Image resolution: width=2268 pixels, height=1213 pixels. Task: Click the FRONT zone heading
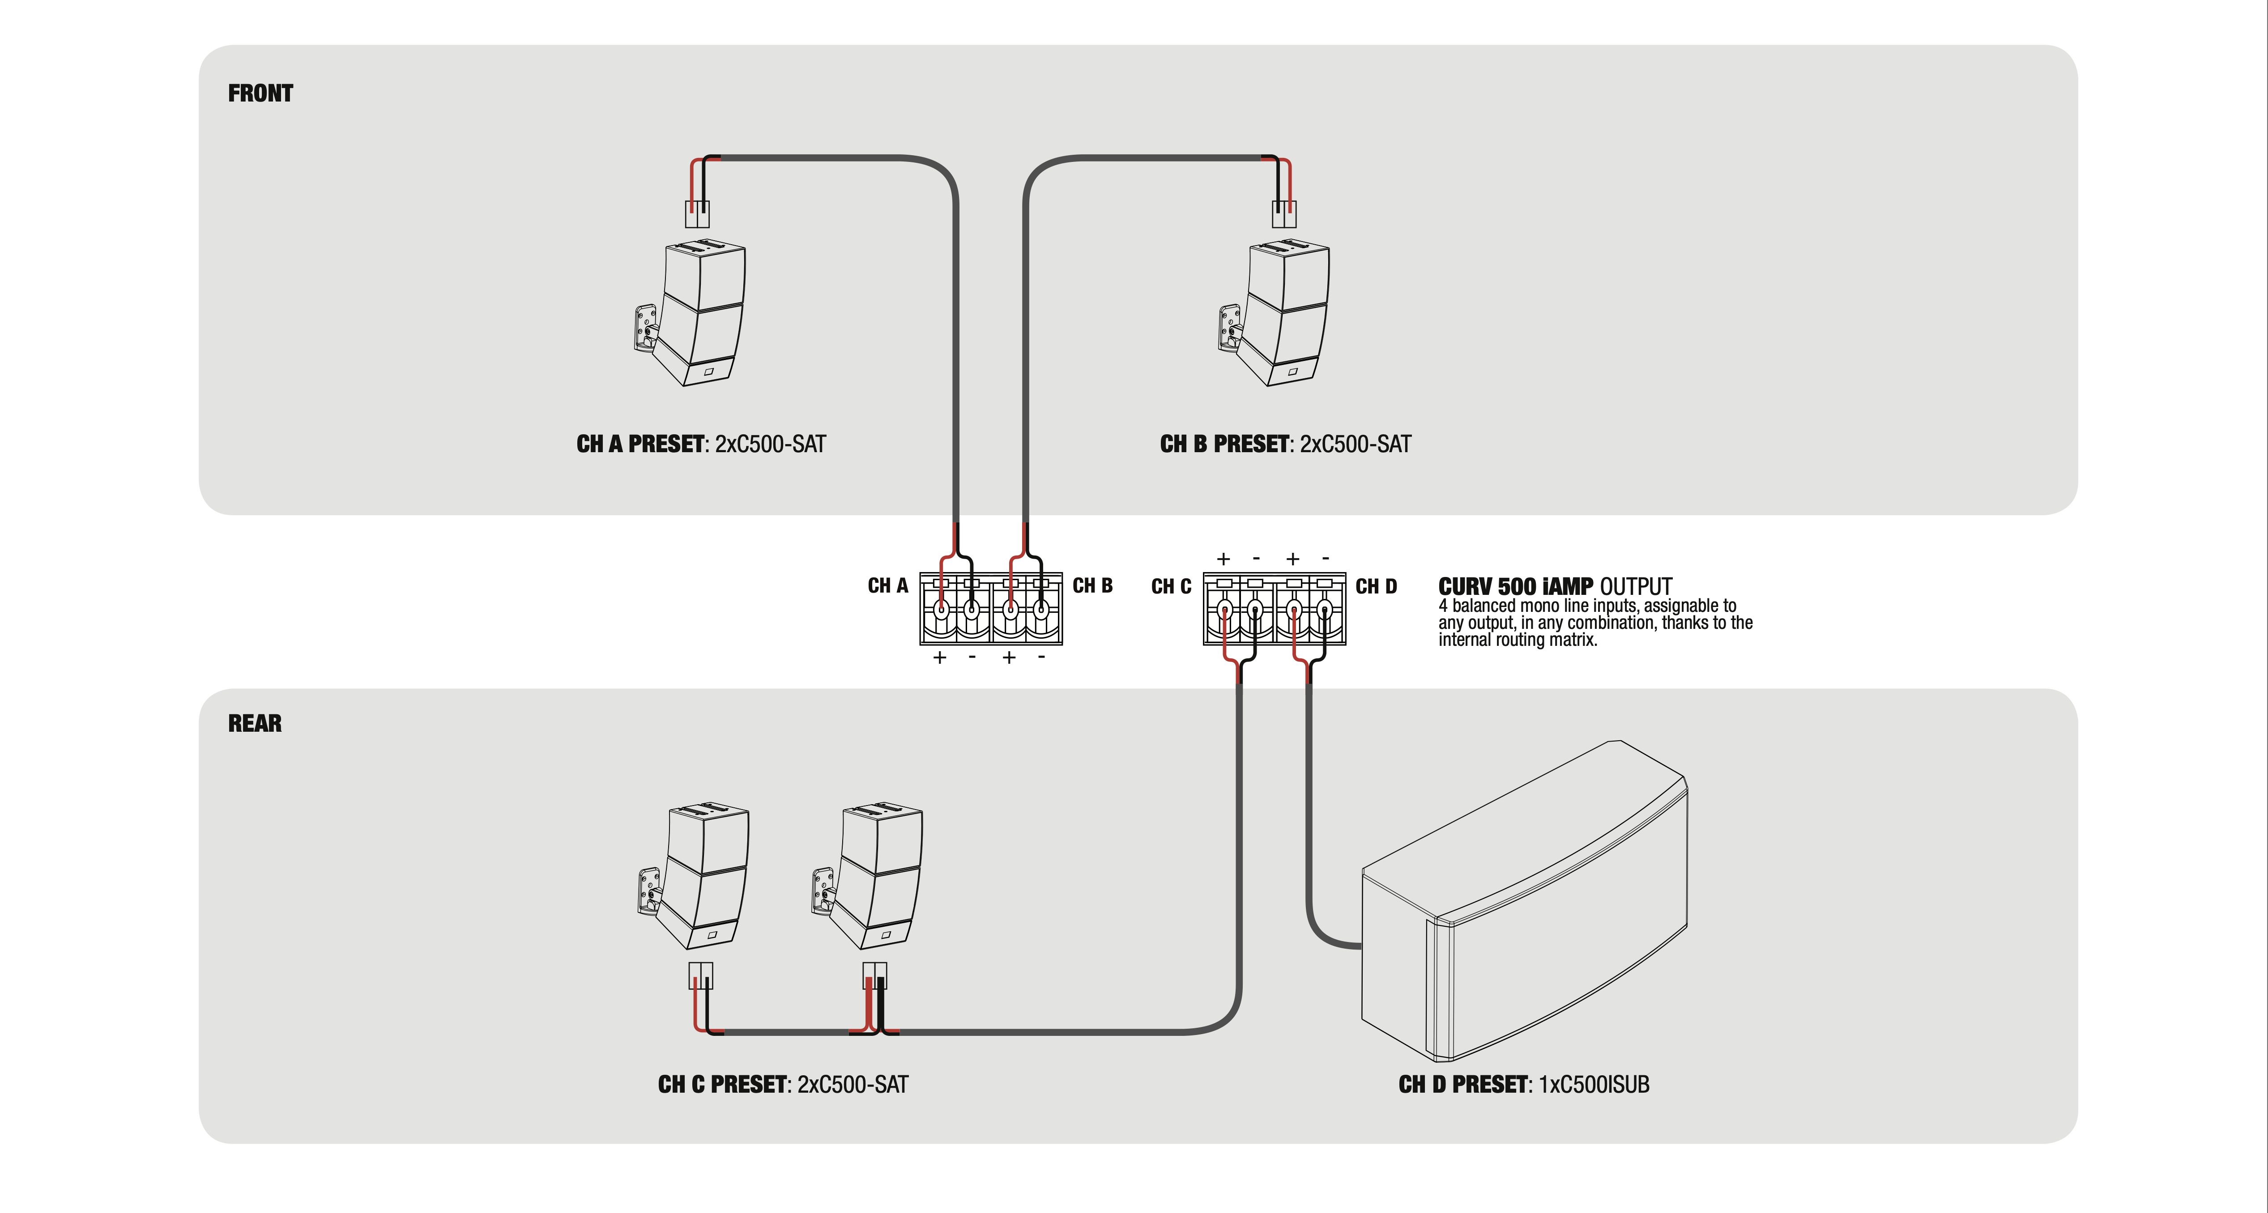pos(260,93)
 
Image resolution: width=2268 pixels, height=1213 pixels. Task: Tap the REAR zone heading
pos(255,724)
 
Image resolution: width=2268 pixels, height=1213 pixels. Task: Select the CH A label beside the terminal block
pos(887,585)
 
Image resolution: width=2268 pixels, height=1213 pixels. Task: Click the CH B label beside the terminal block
pos(1092,585)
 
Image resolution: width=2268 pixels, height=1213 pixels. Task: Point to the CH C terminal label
pos(1171,586)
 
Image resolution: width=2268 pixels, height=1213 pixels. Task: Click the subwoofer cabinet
pos(1523,907)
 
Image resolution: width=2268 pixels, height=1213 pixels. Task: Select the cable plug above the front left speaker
pos(697,214)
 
